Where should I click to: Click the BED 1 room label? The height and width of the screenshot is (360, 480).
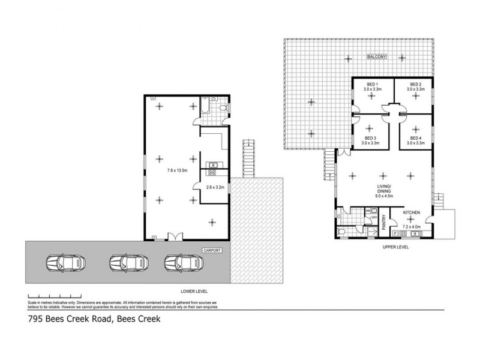372,83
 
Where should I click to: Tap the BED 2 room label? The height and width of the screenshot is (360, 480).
416,83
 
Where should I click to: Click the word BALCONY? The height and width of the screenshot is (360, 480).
377,57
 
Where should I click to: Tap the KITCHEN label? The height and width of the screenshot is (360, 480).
411,213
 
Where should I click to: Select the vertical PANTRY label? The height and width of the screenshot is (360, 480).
384,223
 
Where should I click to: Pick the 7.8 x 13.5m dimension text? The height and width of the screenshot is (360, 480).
177,170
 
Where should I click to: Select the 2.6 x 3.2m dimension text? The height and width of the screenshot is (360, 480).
215,187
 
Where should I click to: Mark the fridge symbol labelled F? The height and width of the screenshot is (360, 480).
395,232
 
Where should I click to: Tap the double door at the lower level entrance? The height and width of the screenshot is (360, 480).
175,237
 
